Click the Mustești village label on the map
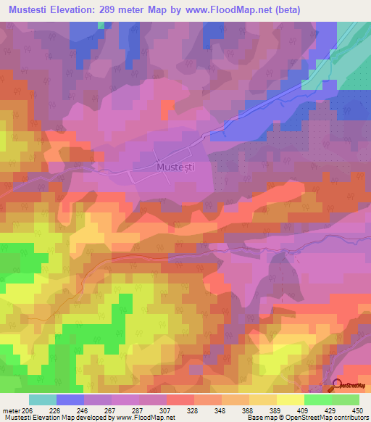pyautogui.click(x=175, y=167)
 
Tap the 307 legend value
pyautogui.click(x=164, y=410)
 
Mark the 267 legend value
pyautogui.click(x=111, y=410)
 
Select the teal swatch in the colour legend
pyautogui.click(x=43, y=400)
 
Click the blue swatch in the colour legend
pyautogui.click(x=70, y=400)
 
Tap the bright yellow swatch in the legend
pyautogui.click(x=291, y=400)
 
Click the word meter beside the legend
pyautogui.click(x=12, y=410)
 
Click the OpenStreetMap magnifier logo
pyautogui.click(x=338, y=385)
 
